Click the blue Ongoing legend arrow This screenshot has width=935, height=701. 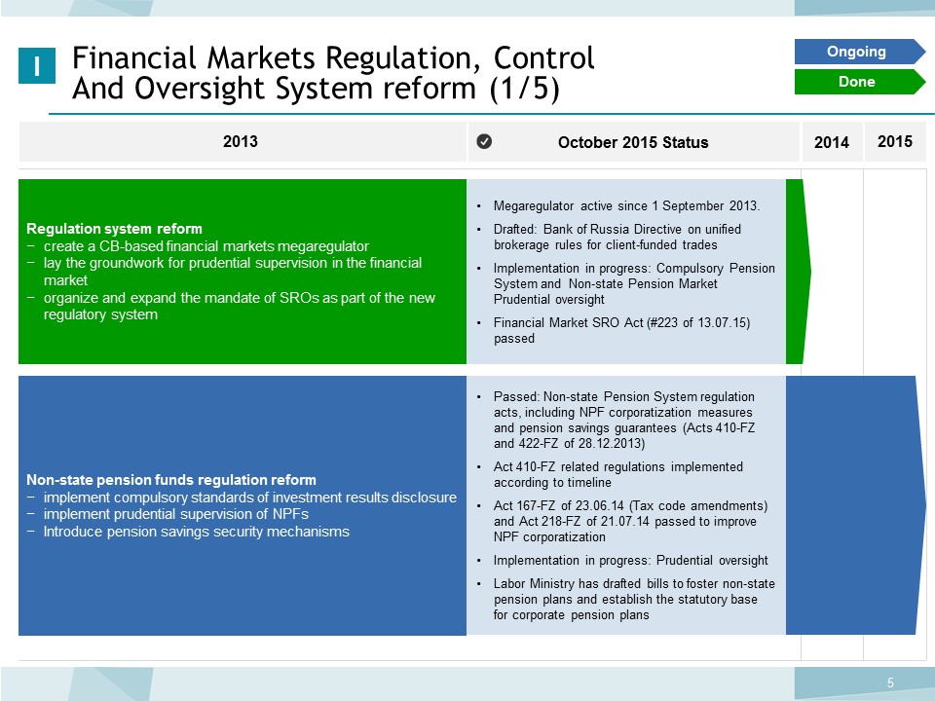coord(859,52)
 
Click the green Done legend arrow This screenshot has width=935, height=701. coord(859,82)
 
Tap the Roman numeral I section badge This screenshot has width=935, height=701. coord(37,65)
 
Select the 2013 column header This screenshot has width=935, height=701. coord(241,141)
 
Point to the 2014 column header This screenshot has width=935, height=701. coord(831,142)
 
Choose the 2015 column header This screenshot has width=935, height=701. coord(894,141)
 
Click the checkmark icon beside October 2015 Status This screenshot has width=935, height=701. coord(484,141)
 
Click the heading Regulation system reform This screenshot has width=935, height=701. coord(115,229)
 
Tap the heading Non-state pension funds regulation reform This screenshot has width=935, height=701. coord(171,480)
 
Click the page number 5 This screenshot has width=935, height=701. coord(890,683)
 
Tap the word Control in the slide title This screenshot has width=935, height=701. coord(543,57)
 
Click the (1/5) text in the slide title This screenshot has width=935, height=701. coord(524,89)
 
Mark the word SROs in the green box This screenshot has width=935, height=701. coord(299,298)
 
